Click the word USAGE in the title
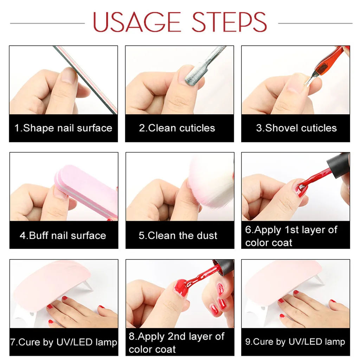pyautogui.click(x=137, y=22)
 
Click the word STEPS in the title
pyautogui.click(x=229, y=22)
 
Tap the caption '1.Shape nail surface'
pyautogui.click(x=63, y=128)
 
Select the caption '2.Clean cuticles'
pyautogui.click(x=177, y=128)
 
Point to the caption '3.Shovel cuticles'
pyautogui.click(x=296, y=128)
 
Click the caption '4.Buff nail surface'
pyautogui.click(x=63, y=236)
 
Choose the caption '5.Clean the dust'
pyautogui.click(x=178, y=236)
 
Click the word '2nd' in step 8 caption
pyautogui.click(x=176, y=336)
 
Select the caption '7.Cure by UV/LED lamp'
pyautogui.click(x=64, y=342)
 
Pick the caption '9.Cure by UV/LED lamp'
pyautogui.click(x=295, y=342)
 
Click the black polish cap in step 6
pyautogui.click(x=339, y=165)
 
